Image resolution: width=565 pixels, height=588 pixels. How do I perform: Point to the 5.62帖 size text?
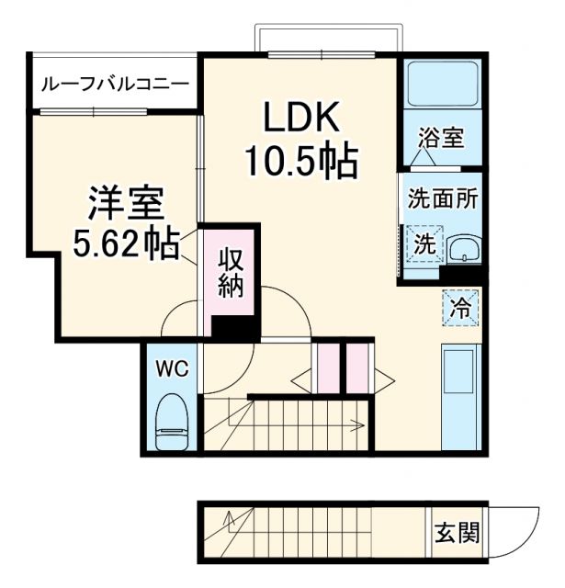127,243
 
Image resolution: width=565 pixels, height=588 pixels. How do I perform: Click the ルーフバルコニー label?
116,84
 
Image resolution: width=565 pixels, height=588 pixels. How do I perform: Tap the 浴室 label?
441,139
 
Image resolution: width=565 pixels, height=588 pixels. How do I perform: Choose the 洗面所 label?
443,198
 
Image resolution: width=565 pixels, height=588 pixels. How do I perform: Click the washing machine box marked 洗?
424,244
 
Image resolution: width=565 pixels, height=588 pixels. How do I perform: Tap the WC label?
171,368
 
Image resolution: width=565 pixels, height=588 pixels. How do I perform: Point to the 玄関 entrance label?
457,532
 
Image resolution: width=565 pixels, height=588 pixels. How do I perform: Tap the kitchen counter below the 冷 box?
458,395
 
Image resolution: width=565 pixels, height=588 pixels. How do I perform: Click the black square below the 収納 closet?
229,326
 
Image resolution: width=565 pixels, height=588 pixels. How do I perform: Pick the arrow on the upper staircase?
354,424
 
